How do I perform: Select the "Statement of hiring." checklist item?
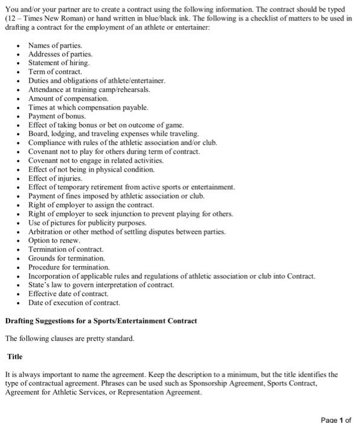coord(59,63)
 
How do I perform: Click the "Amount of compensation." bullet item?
coord(69,98)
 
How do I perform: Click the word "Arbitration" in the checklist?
coord(48,231)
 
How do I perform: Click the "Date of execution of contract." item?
coord(74,302)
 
